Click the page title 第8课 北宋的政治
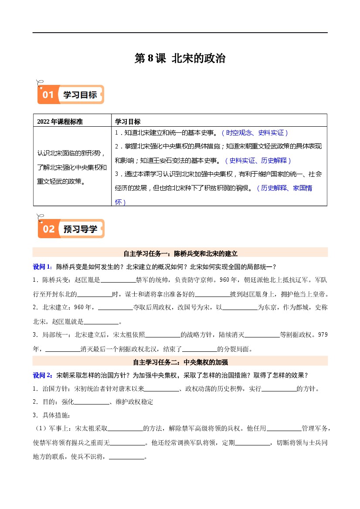point(180,59)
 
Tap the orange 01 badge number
point(48,95)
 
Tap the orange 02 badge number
point(49,229)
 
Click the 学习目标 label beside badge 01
point(80,95)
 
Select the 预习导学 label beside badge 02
point(80,229)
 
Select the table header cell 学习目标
point(128,121)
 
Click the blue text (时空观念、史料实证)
point(255,133)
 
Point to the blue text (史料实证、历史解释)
point(258,160)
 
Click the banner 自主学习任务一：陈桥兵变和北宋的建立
point(180,253)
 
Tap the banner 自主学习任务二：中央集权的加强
point(180,362)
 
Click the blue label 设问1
point(43,266)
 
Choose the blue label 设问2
point(43,375)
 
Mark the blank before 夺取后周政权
point(115,309)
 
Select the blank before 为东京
point(240,309)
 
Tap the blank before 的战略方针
point(163,336)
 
